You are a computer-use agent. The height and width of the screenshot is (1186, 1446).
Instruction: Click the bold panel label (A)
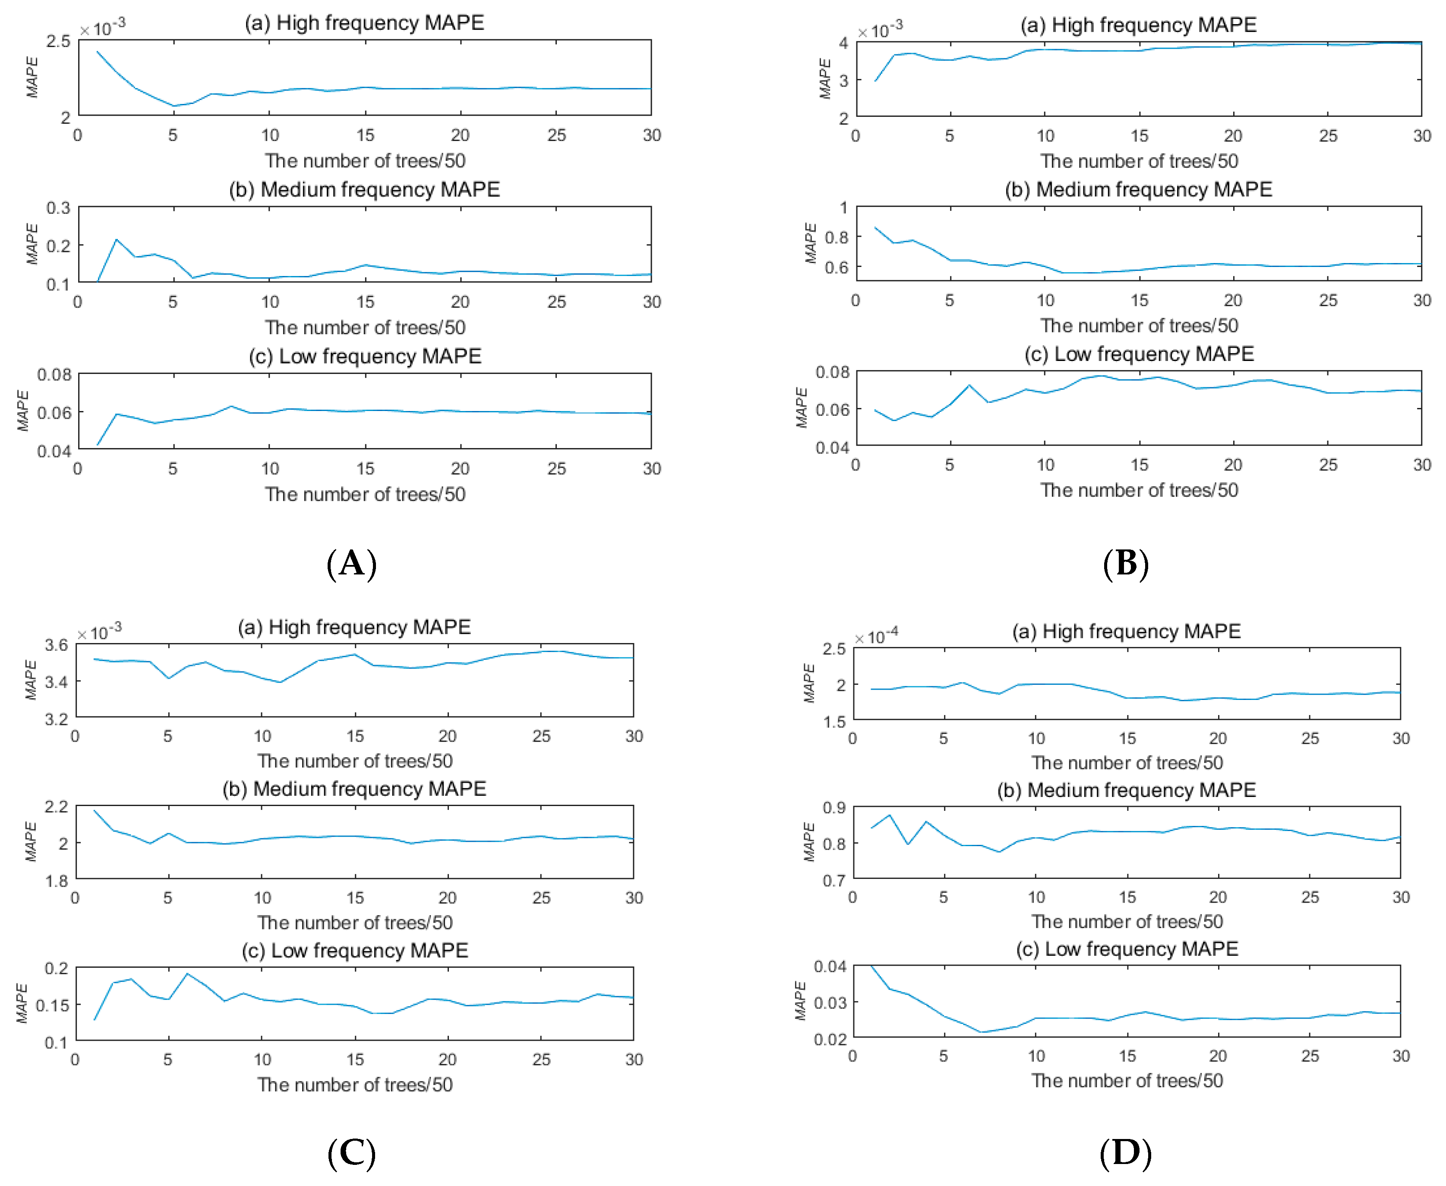coord(351,564)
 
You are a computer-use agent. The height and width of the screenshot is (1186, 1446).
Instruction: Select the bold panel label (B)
coord(1125,564)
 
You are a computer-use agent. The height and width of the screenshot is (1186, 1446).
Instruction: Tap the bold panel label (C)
coord(351,1153)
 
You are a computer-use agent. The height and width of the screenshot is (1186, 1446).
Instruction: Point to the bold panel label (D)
coord(1125,1153)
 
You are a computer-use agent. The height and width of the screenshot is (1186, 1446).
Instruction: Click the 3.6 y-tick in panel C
coord(56,645)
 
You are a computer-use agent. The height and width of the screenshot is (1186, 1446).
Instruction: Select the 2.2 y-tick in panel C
coord(56,807)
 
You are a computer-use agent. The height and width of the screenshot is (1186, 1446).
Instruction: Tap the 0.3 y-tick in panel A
coord(58,208)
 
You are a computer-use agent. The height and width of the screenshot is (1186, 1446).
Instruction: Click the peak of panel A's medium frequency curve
coord(117,240)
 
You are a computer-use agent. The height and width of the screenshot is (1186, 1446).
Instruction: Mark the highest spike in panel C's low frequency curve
coord(187,973)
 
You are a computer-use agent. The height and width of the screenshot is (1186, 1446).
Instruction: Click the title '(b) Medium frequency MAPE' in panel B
coord(1138,189)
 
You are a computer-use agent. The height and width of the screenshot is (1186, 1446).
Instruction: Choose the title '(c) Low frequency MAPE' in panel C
coord(355,950)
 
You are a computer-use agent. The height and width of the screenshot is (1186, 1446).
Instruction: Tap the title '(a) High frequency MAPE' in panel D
coord(1126,631)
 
